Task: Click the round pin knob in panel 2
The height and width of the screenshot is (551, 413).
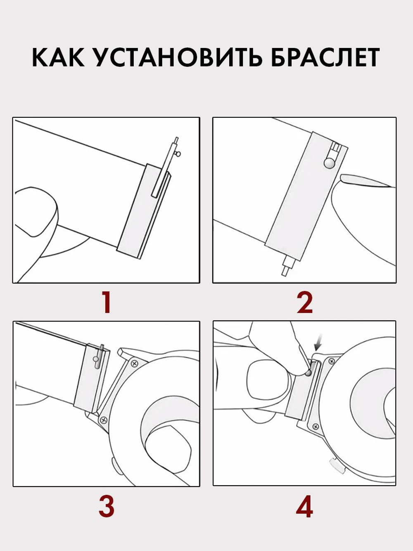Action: (329, 163)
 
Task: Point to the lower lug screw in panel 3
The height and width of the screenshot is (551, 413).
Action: (103, 419)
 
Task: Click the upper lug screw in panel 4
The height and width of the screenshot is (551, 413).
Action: (332, 361)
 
